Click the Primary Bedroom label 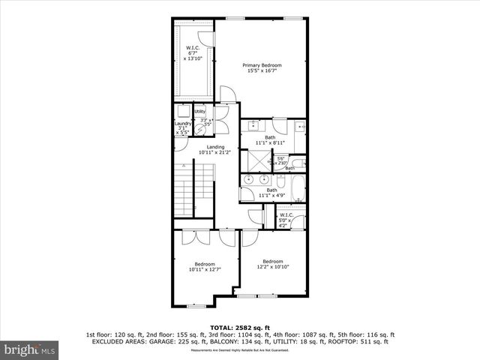tap(262, 66)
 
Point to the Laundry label tap(183, 124)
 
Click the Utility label tap(200, 112)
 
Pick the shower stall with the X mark tap(257, 160)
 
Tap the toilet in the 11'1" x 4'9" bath tap(247, 195)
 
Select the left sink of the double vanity tap(251, 180)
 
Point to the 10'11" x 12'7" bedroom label tap(205, 267)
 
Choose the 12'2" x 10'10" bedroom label tap(272, 264)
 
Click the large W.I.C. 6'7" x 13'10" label tap(193, 53)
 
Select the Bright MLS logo tap(30, 349)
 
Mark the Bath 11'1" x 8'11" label tap(270, 140)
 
